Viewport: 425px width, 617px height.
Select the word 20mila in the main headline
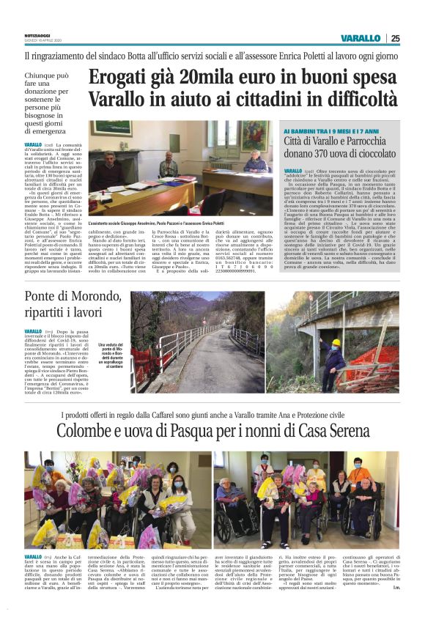coord(211,77)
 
